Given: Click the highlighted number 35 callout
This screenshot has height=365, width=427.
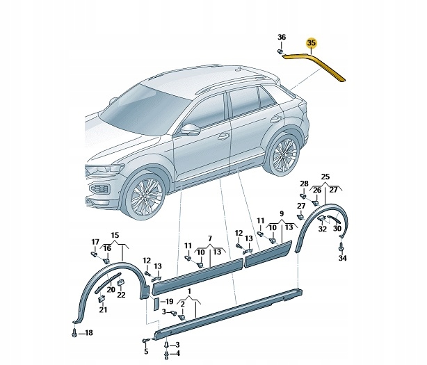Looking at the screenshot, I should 312,42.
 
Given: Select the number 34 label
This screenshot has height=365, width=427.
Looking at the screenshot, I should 341,259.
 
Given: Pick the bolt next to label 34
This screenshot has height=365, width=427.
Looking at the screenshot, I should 341,247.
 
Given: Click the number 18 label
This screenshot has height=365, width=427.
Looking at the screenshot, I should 88,334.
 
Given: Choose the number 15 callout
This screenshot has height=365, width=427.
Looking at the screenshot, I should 115,236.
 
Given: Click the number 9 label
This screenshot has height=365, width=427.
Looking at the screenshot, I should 282,213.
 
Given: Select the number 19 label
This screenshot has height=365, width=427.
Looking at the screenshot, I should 169,302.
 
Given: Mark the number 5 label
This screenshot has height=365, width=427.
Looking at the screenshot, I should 146,352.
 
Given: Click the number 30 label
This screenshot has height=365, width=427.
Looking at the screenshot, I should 337,228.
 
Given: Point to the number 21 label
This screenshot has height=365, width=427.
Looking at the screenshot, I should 103,309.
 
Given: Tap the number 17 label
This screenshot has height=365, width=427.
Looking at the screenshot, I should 95,242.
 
